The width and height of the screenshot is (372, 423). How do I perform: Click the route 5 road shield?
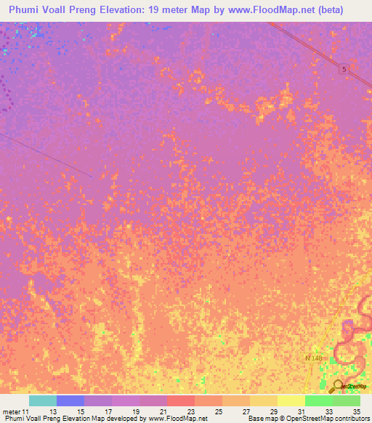(x=344, y=68)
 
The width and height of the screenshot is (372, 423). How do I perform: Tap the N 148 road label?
(x=312, y=358)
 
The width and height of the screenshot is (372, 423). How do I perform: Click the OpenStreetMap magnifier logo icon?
(x=339, y=385)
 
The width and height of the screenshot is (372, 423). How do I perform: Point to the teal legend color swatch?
(x=43, y=400)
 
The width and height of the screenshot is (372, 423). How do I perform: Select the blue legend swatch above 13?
(x=70, y=400)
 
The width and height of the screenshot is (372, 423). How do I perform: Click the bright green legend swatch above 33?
(x=319, y=400)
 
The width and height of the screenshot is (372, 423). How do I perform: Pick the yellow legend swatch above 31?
(x=291, y=400)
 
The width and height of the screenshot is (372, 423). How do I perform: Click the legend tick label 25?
(x=209, y=411)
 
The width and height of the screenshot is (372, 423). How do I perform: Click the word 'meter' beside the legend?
(x=12, y=411)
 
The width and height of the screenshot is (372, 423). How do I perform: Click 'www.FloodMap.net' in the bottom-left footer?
(x=178, y=419)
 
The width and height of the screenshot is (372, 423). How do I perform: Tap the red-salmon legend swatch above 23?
(x=181, y=400)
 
